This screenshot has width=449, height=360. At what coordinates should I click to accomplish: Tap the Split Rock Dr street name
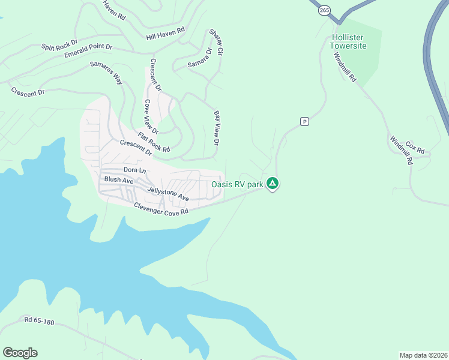click(59, 46)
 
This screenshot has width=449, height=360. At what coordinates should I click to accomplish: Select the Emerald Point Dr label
click(88, 47)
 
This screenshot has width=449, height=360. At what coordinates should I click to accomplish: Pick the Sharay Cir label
click(216, 42)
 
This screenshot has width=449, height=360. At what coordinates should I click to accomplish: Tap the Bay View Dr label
click(217, 128)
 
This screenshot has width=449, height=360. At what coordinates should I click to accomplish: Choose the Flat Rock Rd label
click(154, 142)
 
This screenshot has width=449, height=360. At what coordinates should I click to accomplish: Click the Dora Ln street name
click(134, 170)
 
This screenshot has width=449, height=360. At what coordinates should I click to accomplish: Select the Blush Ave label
click(118, 179)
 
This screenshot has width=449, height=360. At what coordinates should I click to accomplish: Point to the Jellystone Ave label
click(168, 193)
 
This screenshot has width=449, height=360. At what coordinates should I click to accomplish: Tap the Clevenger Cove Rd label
click(161, 208)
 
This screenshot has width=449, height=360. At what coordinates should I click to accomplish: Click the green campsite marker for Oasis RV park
click(273, 182)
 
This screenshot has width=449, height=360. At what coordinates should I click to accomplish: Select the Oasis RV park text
click(237, 184)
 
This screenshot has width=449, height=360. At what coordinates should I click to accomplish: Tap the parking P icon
click(304, 121)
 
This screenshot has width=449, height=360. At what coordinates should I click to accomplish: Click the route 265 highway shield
click(325, 10)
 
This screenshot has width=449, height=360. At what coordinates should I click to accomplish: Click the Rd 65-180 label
click(40, 322)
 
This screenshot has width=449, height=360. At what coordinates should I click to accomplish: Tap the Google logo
click(20, 353)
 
